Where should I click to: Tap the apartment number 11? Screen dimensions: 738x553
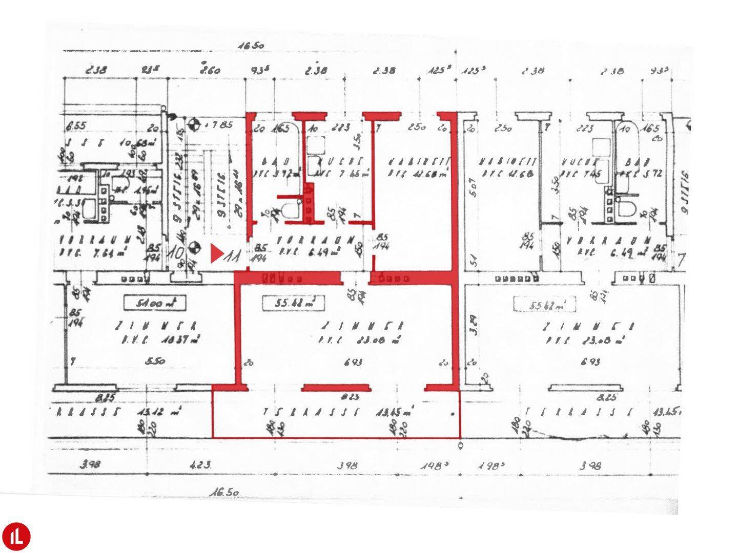click(x=233, y=254)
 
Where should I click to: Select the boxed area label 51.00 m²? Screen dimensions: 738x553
click(x=154, y=303)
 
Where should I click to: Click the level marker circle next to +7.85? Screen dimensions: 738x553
click(x=193, y=123)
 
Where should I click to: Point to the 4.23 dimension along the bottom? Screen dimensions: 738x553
click(x=200, y=465)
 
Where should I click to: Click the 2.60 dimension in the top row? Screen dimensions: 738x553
click(x=210, y=70)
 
